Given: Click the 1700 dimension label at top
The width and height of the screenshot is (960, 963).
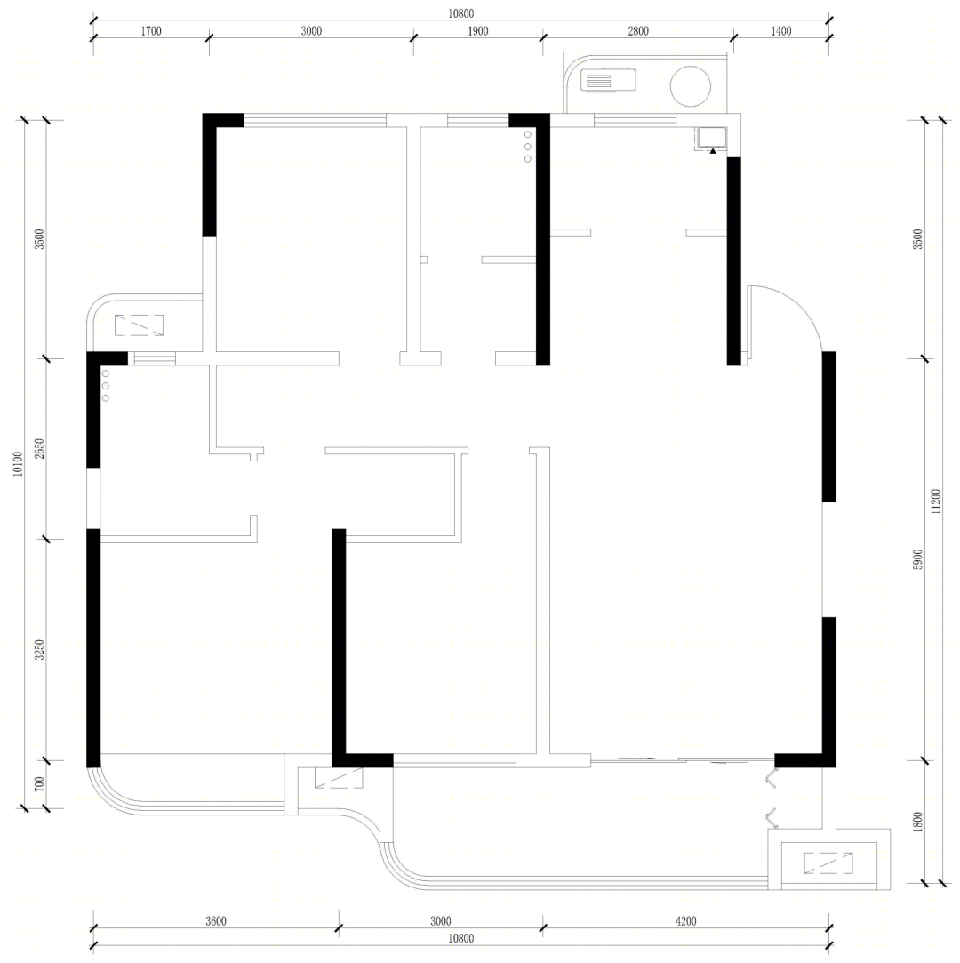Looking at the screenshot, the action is click(151, 31).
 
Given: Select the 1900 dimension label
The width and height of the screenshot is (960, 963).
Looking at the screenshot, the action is click(478, 31).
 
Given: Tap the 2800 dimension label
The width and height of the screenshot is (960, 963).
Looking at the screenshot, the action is click(637, 31).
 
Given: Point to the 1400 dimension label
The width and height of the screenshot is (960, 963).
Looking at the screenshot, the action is click(780, 31).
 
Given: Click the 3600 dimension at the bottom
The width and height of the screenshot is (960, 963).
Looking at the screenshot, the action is click(215, 920).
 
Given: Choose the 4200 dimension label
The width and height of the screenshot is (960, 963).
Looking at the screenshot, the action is click(685, 920).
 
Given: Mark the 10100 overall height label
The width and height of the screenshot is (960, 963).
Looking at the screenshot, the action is click(18, 463).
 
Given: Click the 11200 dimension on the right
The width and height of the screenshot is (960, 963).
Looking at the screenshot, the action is click(935, 502).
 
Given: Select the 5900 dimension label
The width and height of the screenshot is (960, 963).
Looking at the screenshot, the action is click(917, 559).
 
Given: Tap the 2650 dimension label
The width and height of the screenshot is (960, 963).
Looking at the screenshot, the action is click(39, 449).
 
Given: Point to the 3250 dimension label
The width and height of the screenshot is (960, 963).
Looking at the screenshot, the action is click(39, 650).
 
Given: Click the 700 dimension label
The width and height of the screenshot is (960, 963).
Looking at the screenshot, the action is click(39, 784).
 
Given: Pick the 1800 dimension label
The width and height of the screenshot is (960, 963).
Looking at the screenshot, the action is click(917, 822).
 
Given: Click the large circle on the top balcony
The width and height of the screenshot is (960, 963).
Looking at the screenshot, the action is click(690, 86).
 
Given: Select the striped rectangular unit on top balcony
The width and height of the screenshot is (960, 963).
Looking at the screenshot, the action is click(608, 80).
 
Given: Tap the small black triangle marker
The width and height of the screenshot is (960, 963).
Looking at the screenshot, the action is click(713, 151).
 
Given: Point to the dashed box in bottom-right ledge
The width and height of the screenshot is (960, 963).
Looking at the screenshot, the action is click(828, 863).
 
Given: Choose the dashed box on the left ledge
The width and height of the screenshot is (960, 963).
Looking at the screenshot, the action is click(139, 325).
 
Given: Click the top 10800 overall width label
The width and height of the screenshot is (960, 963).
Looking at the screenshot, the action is click(460, 13).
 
